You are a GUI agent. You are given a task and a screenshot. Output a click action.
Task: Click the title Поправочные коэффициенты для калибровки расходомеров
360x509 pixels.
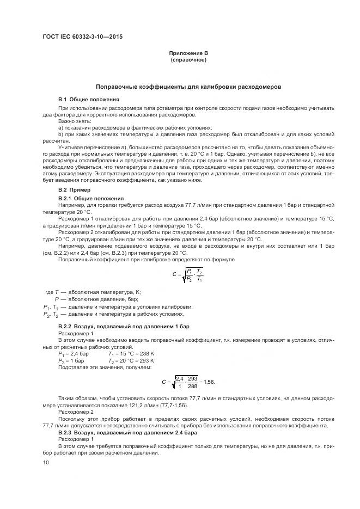[x=188, y=87]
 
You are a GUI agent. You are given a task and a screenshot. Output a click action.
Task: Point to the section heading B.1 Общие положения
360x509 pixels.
[x=89, y=100]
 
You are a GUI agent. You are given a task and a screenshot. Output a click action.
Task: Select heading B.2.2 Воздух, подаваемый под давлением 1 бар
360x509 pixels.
[x=124, y=326]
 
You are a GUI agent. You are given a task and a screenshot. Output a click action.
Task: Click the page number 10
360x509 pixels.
[x=46, y=462]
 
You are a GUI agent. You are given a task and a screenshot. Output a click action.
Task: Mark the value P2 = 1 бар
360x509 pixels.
[x=71, y=360]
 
